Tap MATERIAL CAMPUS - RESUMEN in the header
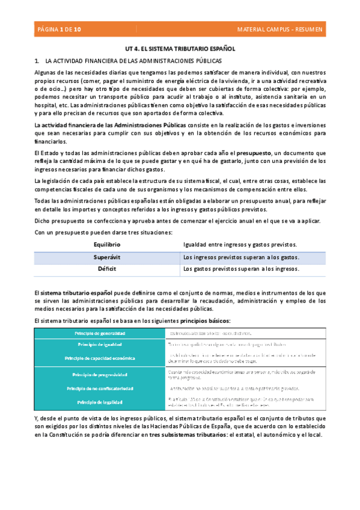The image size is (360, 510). point(280,29)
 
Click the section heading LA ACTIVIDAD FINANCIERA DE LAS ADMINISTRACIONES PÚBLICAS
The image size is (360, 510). point(133,61)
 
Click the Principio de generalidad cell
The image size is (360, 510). point(100,333)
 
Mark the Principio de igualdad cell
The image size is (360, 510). point(100,344)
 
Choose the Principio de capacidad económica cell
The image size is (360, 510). point(100,358)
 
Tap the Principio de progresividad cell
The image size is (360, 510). point(100,374)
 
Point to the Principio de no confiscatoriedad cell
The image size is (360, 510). point(100,388)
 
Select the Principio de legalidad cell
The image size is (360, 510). point(100,401)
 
